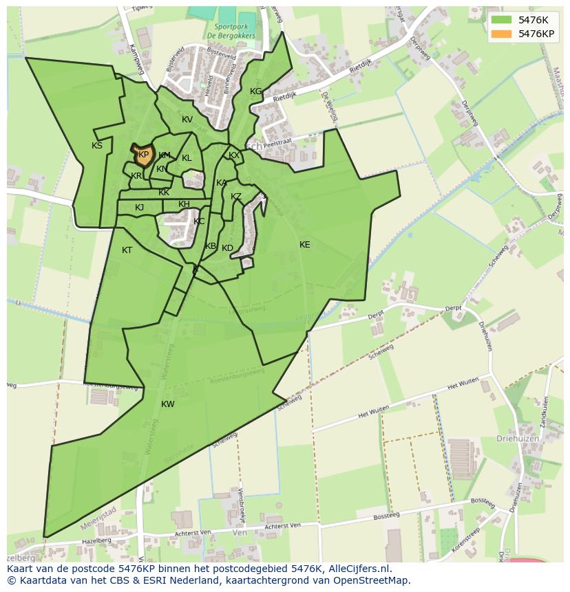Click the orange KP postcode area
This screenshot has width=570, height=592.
[143, 155]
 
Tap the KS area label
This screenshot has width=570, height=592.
[97, 146]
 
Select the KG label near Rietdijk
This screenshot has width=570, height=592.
[255, 91]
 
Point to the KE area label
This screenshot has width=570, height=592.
[304, 245]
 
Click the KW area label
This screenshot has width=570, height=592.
[168, 404]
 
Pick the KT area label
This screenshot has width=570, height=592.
[127, 250]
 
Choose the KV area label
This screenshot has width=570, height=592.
[187, 120]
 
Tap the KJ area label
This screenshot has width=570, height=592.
[139, 208]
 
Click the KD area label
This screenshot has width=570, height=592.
[227, 248]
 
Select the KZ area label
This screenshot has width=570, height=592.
[236, 197]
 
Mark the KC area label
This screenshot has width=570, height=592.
[199, 221]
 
